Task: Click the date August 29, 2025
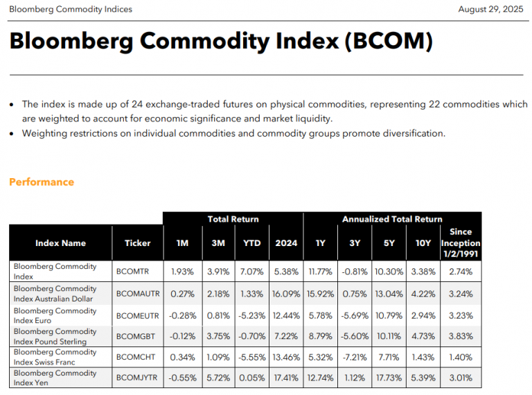tap(490, 9)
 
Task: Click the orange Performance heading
tap(42, 182)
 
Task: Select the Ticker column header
tap(137, 243)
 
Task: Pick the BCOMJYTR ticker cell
tap(137, 378)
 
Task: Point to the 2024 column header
tap(285, 243)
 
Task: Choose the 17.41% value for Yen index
tap(285, 378)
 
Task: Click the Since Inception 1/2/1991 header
tap(461, 243)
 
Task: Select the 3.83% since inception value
tap(461, 336)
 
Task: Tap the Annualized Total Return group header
tap(392, 219)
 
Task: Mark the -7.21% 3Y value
tap(355, 358)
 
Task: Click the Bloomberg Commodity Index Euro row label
tap(55, 315)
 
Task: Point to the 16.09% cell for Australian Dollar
tap(285, 294)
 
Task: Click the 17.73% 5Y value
tap(389, 378)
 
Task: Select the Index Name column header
tap(60, 243)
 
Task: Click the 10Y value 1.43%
tap(423, 358)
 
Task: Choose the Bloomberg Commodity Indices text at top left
tap(71, 9)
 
